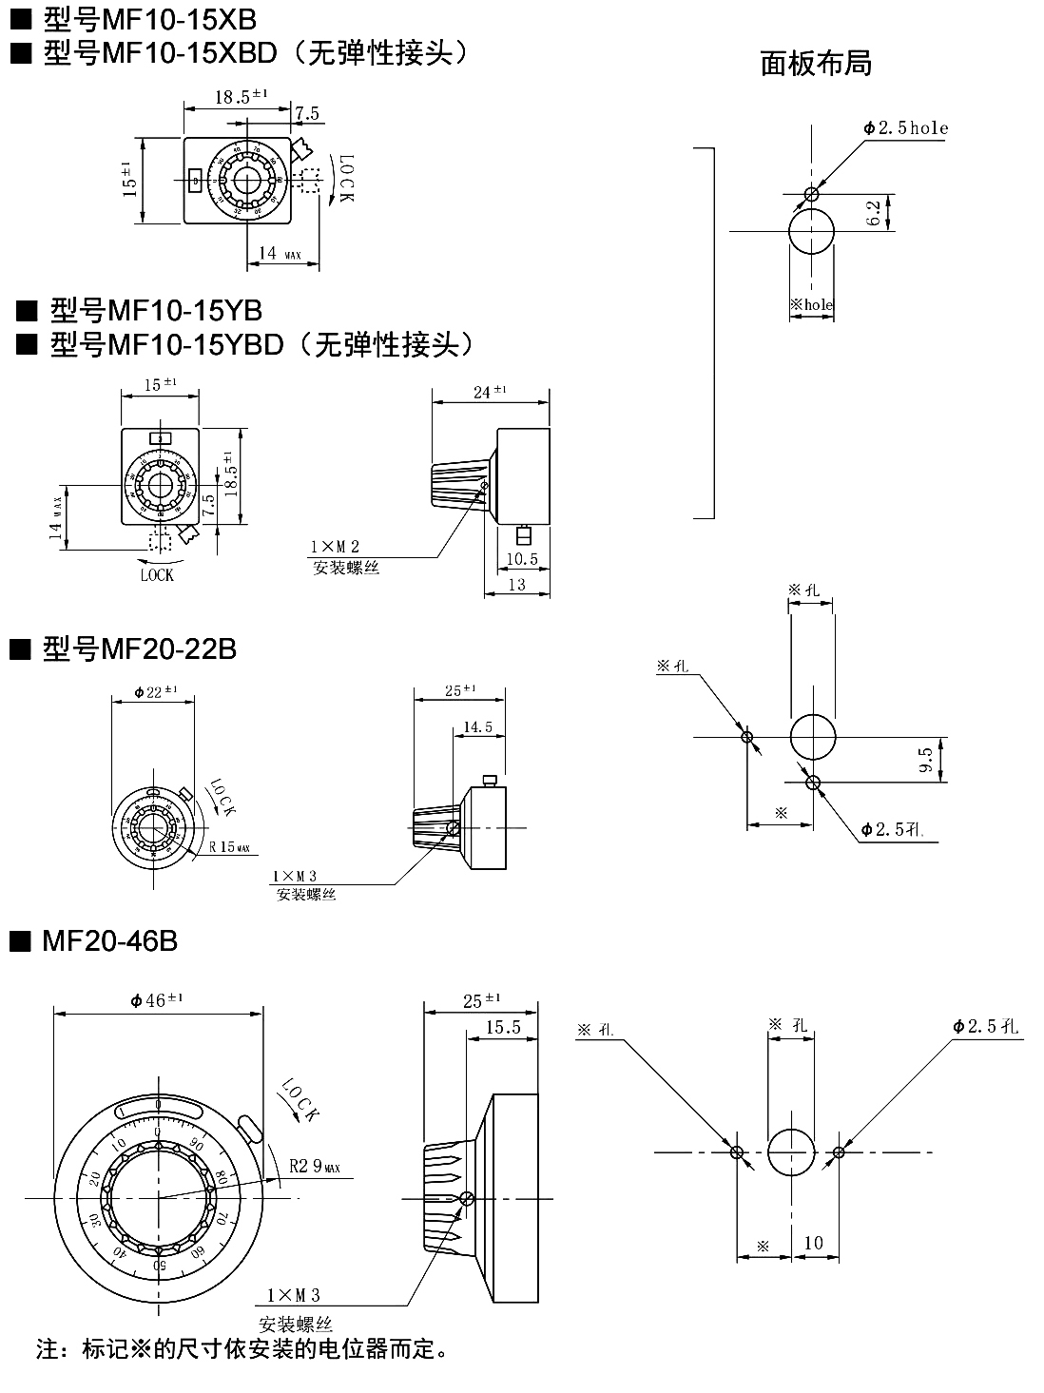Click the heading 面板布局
point(816,63)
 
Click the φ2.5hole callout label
point(905,127)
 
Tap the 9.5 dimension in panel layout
point(925,760)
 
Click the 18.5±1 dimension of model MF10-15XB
point(240,96)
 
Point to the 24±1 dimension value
point(490,392)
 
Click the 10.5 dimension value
point(521,558)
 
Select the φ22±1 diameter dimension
point(155,691)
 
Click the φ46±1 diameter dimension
point(156,999)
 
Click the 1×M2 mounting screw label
point(334,547)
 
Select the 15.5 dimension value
point(503,1027)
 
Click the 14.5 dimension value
point(477,727)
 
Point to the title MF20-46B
point(109,940)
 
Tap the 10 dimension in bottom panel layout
point(814,1243)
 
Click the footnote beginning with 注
point(242,1347)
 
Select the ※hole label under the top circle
point(811,305)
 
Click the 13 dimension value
point(516,585)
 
